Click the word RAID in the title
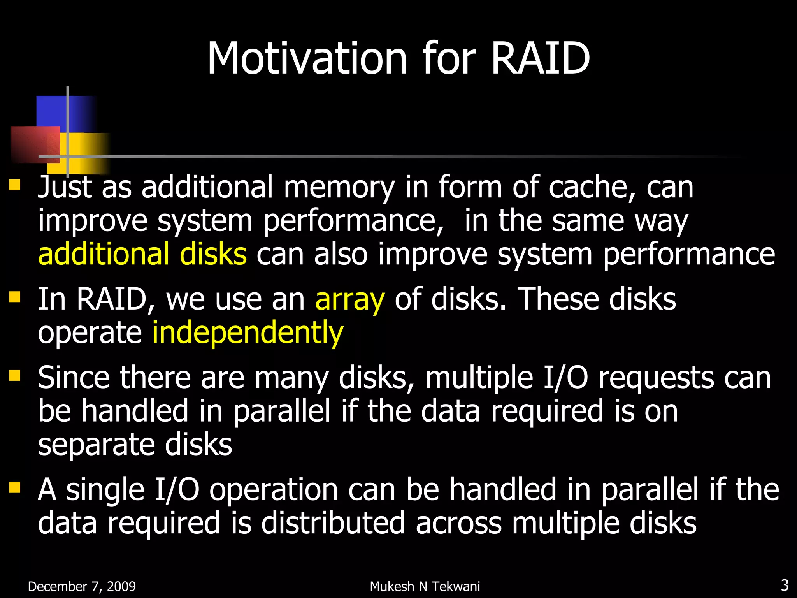[x=541, y=58]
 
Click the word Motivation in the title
[x=307, y=58]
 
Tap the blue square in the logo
[x=53, y=111]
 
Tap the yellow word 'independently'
[x=248, y=333]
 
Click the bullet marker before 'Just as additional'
[x=15, y=184]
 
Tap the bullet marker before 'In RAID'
[x=15, y=297]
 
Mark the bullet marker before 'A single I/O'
[x=15, y=487]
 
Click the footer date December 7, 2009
[x=82, y=586]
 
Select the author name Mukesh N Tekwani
[x=425, y=586]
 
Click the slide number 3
[x=785, y=585]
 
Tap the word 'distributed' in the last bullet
[x=333, y=523]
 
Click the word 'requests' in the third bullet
[x=656, y=378]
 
